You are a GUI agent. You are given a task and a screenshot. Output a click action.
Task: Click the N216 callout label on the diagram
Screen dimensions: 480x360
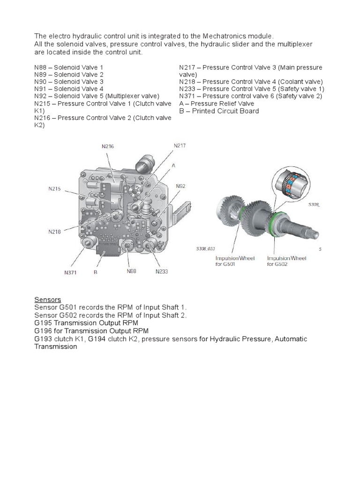point(108,147)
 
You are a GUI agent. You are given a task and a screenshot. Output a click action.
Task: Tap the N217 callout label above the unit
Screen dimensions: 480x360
point(180,146)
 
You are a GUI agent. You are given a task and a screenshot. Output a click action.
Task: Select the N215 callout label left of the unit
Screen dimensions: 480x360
point(54,189)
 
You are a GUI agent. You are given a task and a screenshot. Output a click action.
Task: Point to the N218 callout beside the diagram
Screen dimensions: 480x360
point(54,232)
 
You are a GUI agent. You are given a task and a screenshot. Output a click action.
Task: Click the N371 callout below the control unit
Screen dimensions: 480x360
point(71,272)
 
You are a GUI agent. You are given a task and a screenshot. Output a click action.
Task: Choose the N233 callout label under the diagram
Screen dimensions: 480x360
point(161,271)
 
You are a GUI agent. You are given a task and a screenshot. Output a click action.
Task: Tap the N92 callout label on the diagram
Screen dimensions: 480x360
point(181,186)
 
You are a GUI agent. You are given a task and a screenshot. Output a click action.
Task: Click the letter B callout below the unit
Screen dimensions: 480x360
point(95,271)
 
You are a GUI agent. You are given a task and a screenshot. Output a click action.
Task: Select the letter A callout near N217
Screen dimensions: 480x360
point(173,165)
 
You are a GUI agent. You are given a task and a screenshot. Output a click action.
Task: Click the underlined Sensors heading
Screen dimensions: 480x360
point(47,300)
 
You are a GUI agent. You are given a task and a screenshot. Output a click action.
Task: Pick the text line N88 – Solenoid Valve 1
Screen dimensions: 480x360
point(68,67)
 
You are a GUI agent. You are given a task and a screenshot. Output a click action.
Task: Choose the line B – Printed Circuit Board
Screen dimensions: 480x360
point(219,111)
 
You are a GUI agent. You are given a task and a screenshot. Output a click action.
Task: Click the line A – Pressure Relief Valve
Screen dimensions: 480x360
point(217,104)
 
